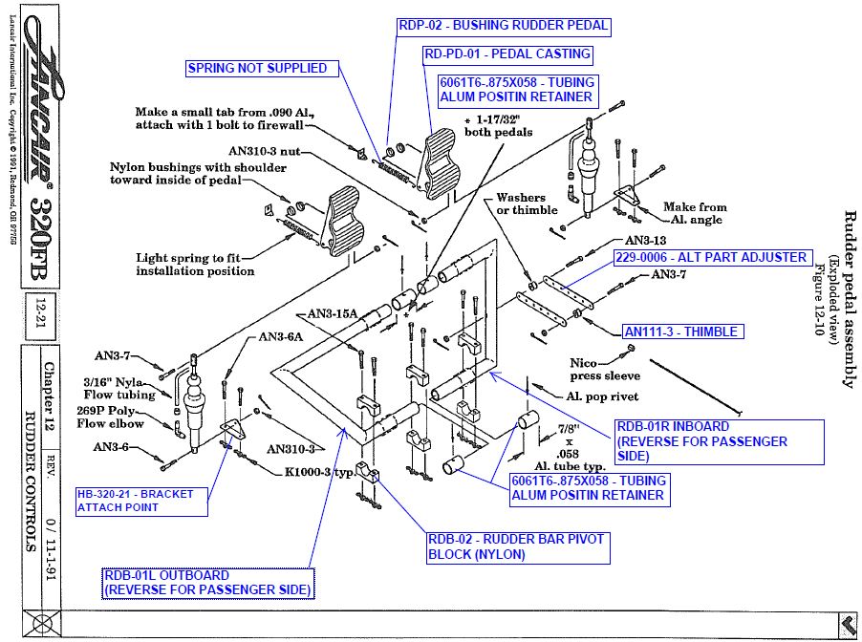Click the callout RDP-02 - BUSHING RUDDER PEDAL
pos(503,26)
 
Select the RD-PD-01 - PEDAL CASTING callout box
pos(506,53)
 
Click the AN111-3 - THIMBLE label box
pos(680,332)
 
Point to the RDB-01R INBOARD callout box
pos(718,441)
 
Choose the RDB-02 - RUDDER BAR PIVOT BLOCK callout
pos(516,546)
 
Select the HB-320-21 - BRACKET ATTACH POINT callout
pos(141,501)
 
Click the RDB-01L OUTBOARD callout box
pos(207,583)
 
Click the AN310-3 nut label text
pos(265,151)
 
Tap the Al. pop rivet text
pos(601,396)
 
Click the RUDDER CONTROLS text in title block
pos(30,483)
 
